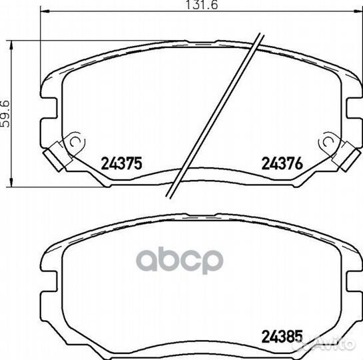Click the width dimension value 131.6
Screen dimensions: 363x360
point(202,5)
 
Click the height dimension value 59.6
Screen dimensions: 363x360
point(5,113)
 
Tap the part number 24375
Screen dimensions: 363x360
point(121,163)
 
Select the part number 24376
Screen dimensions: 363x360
point(282,163)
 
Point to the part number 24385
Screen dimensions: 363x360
point(282,336)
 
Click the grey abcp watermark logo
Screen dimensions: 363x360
point(179,260)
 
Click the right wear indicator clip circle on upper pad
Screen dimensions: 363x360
point(328,142)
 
